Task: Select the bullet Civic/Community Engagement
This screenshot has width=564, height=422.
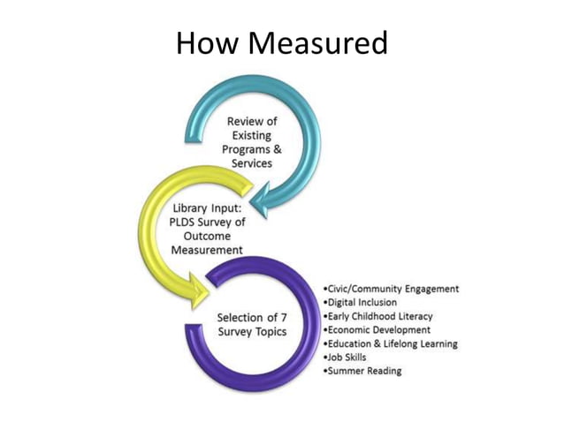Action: tap(393, 289)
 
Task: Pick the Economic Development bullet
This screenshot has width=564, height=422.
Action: tap(377, 329)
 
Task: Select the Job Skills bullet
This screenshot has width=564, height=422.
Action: tap(347, 357)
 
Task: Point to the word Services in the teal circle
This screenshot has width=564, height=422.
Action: tap(252, 163)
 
